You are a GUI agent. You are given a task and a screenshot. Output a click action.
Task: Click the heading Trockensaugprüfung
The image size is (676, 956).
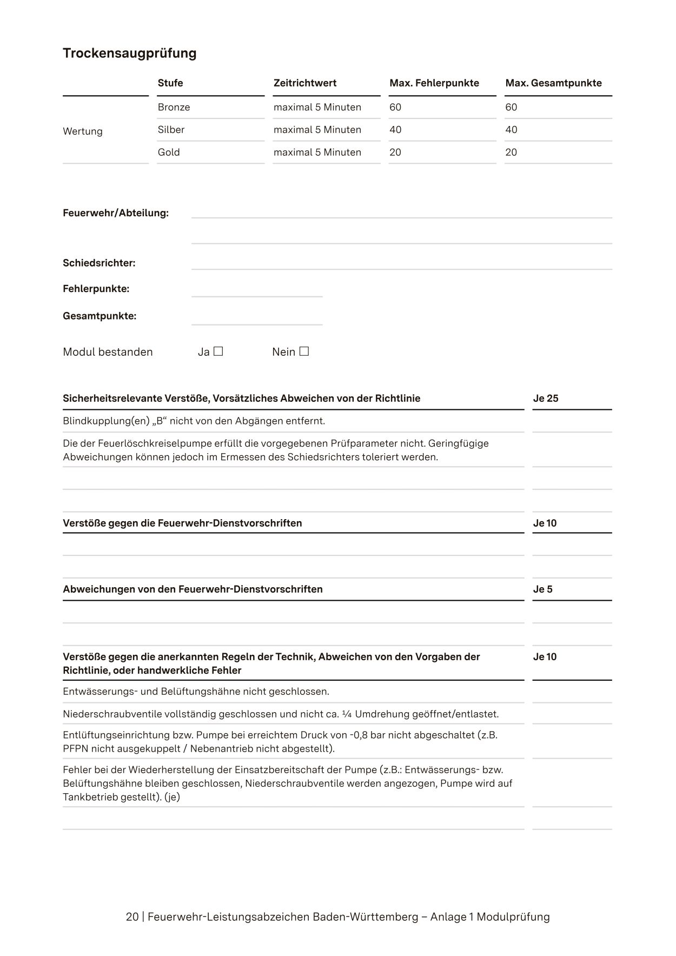(x=129, y=53)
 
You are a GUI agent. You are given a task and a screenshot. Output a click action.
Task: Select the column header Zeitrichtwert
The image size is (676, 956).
(x=304, y=83)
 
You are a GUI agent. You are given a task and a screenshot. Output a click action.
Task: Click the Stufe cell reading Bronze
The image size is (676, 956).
(x=174, y=107)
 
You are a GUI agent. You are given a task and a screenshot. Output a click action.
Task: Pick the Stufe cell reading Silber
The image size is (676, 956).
(x=171, y=130)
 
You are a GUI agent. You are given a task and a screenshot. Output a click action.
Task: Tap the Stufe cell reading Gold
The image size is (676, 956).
(x=169, y=152)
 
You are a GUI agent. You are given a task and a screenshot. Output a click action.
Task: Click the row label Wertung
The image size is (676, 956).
(x=82, y=131)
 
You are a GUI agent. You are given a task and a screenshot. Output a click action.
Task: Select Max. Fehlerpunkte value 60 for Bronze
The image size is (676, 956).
(x=395, y=107)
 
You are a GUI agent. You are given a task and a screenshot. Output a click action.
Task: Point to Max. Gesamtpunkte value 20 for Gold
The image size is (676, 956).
(x=511, y=152)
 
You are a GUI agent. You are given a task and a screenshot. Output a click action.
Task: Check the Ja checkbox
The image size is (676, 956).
(x=218, y=351)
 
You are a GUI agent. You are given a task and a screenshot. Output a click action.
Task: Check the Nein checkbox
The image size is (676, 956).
(x=304, y=351)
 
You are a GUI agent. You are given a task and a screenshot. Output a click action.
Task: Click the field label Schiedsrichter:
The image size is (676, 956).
(x=99, y=263)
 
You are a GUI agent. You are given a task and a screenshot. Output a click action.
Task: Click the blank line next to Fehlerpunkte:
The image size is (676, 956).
(x=257, y=290)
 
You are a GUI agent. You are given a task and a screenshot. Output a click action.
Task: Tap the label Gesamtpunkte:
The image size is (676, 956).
(x=100, y=316)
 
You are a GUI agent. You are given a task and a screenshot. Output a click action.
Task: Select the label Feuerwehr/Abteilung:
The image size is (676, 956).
(x=116, y=213)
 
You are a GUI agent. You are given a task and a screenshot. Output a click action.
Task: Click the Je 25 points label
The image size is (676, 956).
(x=545, y=399)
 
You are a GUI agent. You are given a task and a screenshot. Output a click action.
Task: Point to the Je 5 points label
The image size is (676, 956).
(x=542, y=589)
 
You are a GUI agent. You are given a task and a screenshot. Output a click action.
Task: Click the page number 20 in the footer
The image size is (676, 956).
(x=132, y=917)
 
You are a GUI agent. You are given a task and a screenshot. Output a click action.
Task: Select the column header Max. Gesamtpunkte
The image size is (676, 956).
(x=553, y=83)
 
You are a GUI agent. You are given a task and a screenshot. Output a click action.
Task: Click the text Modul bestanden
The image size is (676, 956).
(x=108, y=352)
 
